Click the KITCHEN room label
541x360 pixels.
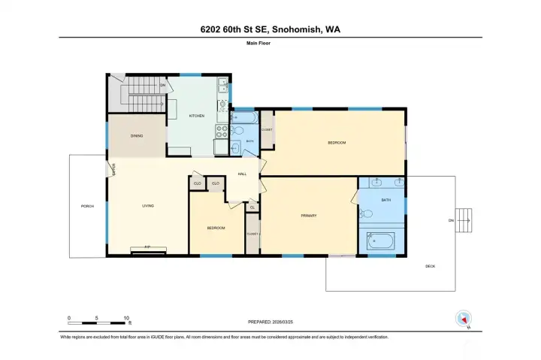pos(196,116)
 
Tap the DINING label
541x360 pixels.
pos(137,136)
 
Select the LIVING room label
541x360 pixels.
pos(149,205)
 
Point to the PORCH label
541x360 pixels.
pos(88,205)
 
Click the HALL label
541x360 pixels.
pos(242,174)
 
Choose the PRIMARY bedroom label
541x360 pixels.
pos(309,216)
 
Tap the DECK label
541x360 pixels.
pos(430,267)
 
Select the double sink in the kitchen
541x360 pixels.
pos(223,88)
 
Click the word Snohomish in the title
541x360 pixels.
pos(299,29)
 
